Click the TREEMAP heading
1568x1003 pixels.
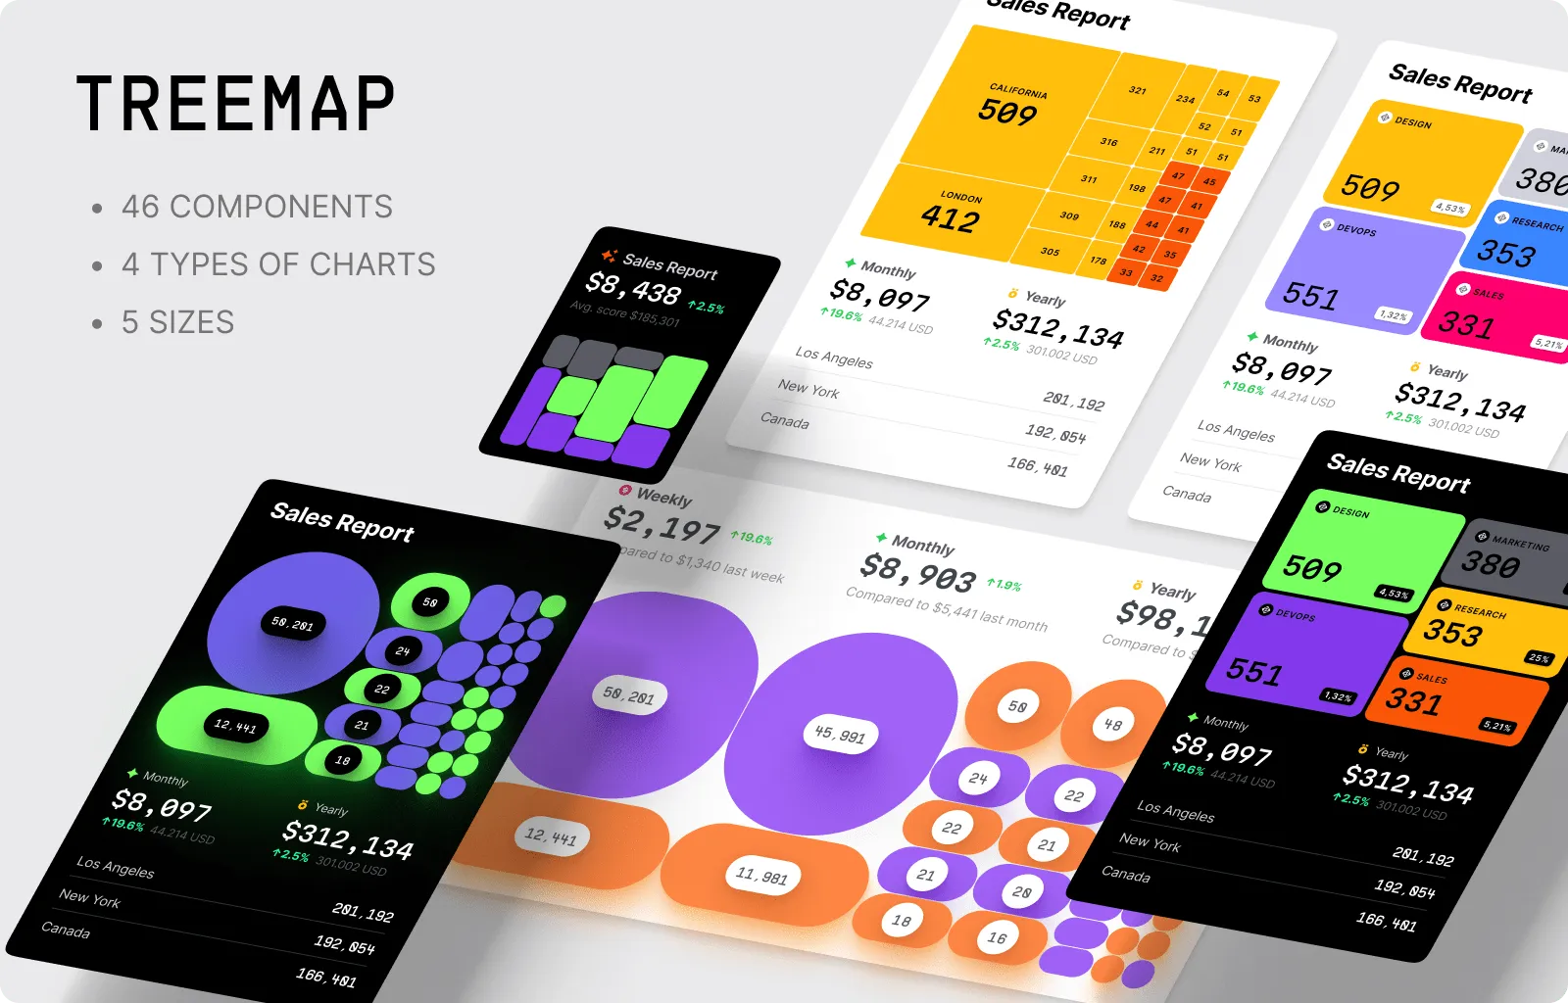235,104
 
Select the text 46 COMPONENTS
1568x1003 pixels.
257,207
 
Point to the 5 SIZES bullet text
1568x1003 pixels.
177,322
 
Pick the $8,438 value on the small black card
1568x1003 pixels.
633,289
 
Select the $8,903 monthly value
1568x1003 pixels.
917,574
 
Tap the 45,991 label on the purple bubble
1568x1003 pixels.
840,734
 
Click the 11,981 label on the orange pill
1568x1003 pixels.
761,875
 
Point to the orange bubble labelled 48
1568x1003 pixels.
1112,725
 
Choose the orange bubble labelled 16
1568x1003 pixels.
997,937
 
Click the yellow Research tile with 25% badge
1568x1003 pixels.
1480,632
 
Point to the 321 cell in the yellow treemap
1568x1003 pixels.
1137,90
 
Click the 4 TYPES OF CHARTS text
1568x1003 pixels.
278,264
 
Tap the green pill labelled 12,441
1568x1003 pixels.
235,726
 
